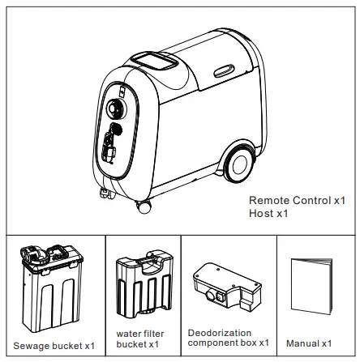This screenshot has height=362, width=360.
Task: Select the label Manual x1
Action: coord(309,344)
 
